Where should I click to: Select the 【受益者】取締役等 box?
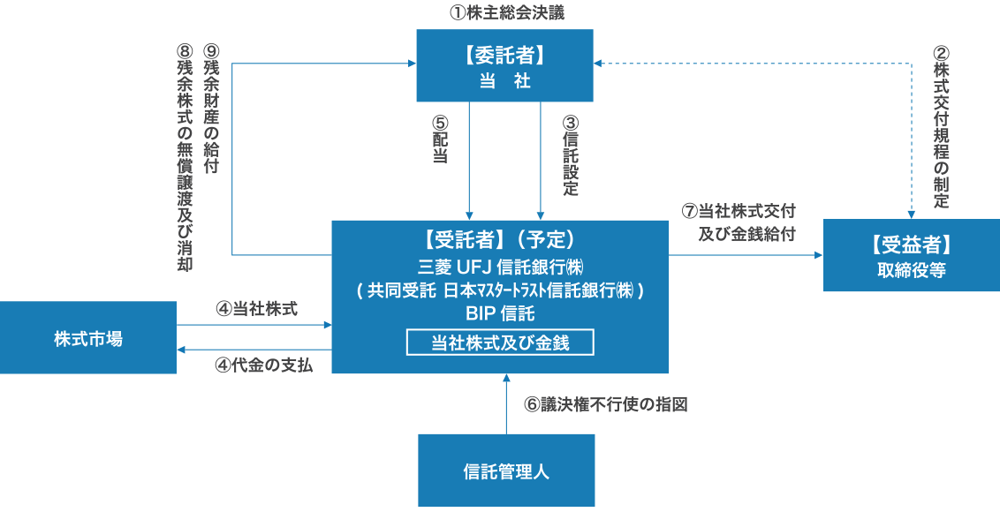911,256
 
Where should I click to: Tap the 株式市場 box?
87,337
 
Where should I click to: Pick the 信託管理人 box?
505,471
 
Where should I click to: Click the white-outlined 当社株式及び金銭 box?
499,343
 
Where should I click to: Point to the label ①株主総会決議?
505,13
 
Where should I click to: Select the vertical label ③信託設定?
571,155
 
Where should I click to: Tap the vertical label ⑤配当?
439,139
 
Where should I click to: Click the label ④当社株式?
256,309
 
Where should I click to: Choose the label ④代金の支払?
263,364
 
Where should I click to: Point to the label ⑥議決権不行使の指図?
604,405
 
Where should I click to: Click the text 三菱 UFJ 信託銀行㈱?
499,266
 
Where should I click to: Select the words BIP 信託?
499,313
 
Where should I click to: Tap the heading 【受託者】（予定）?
499,239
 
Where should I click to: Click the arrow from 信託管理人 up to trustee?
506,404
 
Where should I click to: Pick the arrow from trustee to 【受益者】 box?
746,255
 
